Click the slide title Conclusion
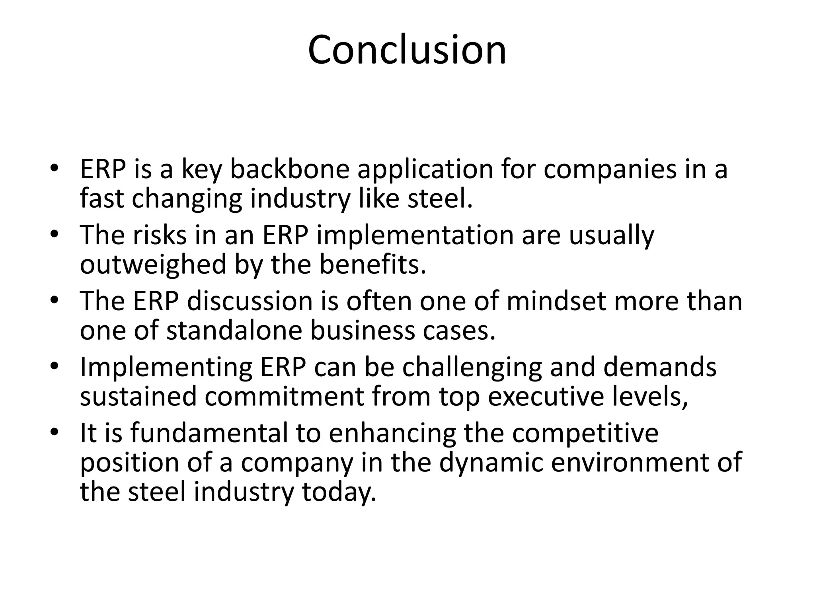407,50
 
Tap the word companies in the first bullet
610,169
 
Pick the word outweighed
153,265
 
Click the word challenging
472,368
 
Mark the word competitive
585,434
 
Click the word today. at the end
339,492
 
